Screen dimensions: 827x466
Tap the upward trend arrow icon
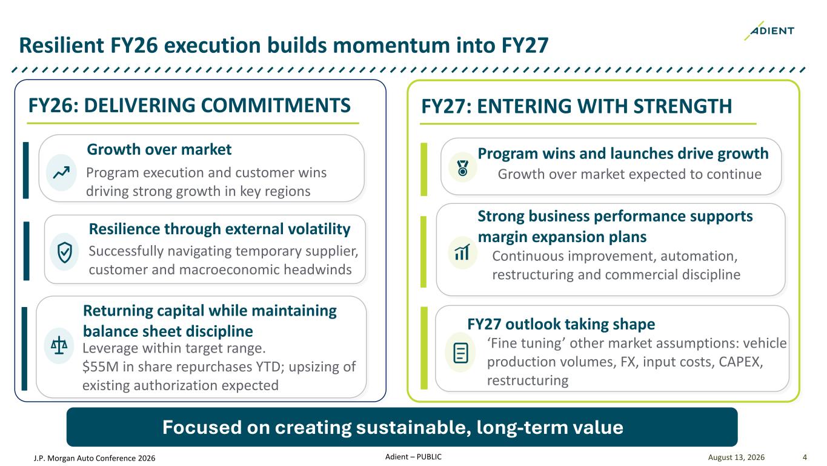click(x=61, y=172)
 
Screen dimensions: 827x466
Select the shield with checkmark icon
click(x=65, y=252)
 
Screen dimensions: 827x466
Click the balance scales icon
click(x=59, y=345)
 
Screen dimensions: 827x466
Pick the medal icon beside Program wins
click(x=462, y=168)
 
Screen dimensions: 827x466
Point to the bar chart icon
click(x=462, y=252)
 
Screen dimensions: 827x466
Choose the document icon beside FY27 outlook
click(x=460, y=353)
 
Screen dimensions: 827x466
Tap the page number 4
click(x=805, y=458)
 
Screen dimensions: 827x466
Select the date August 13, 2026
click(x=736, y=458)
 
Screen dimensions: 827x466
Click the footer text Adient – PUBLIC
click(x=413, y=457)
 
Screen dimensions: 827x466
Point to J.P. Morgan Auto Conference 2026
click(x=95, y=458)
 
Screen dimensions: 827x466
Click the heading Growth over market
click(x=159, y=149)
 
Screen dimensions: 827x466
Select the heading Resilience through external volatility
click(x=220, y=229)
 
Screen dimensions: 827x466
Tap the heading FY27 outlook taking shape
click(x=561, y=325)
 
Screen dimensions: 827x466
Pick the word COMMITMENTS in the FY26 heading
click(x=276, y=106)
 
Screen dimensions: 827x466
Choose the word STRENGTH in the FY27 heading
click(x=683, y=106)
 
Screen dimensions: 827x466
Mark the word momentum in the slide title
click(x=391, y=45)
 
